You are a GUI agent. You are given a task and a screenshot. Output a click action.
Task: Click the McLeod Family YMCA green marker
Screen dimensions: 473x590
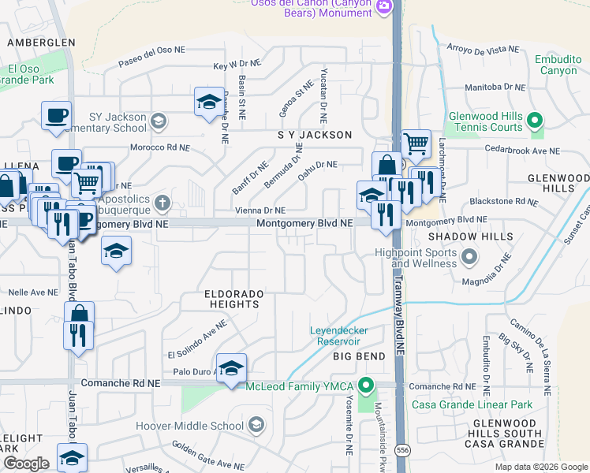point(365,387)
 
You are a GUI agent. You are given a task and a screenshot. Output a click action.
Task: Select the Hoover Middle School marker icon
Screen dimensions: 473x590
point(256,426)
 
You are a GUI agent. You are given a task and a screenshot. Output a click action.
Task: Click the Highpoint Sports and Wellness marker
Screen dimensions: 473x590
point(470,257)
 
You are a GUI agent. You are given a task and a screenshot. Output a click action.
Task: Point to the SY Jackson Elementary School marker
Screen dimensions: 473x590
point(159,121)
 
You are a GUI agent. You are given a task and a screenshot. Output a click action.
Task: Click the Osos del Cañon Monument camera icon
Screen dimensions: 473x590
point(384,7)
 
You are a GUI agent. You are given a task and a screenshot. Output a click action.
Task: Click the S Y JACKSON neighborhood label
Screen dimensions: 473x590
point(315,135)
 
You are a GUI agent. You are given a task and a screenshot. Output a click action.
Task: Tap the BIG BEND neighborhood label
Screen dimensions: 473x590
point(359,356)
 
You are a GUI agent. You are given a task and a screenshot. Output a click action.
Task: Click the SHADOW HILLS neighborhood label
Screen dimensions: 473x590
point(471,236)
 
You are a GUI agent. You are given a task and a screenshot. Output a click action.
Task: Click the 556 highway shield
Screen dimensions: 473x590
point(403,450)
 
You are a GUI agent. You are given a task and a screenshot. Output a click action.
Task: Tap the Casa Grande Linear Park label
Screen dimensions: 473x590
point(472,405)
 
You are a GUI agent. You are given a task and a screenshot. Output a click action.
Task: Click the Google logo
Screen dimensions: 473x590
point(27,464)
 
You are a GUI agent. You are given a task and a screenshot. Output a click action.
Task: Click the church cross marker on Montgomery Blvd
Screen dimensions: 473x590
point(162,203)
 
